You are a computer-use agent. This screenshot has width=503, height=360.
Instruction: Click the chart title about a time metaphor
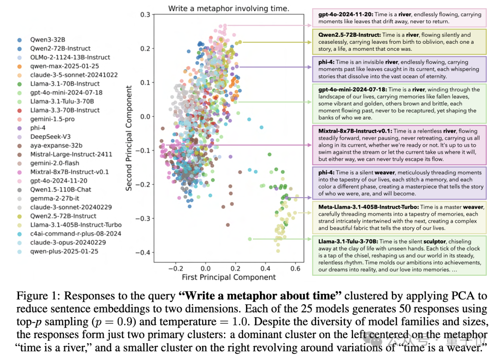click(228, 8)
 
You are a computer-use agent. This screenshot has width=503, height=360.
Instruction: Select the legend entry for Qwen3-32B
click(47, 40)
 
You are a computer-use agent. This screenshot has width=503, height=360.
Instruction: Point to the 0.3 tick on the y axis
click(145, 15)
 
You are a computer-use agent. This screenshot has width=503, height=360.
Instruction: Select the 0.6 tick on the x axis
click(295, 268)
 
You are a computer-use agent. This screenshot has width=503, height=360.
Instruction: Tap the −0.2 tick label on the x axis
click(175, 268)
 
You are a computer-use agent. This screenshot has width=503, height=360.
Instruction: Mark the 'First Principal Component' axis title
click(229, 278)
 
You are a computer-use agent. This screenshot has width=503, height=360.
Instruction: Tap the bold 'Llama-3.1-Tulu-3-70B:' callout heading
click(348, 242)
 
